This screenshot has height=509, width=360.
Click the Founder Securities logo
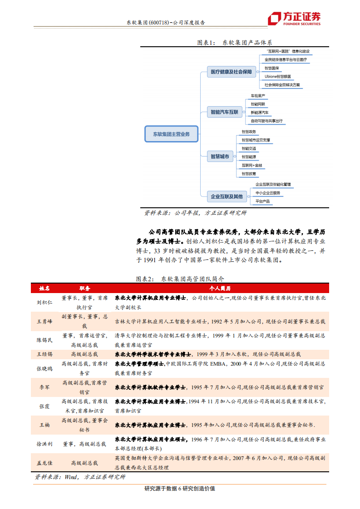coord(294,18)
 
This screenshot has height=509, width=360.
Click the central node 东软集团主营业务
coord(171,134)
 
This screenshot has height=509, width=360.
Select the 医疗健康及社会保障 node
coord(231,72)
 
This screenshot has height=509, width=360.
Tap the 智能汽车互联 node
coord(224,112)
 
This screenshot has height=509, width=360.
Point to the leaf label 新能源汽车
coord(260,112)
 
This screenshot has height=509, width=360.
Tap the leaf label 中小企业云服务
coord(268,193)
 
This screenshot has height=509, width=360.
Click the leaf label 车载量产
coord(257,96)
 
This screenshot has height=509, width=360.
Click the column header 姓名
coord(44,289)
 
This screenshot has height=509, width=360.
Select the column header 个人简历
coord(220,289)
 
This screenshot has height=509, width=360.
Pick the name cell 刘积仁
coord(44,302)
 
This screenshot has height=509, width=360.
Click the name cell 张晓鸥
coord(44,368)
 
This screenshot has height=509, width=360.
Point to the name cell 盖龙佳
coord(44,463)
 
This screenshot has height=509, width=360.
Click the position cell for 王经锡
coord(84,354)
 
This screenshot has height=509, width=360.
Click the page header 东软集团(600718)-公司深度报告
coord(165,22)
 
